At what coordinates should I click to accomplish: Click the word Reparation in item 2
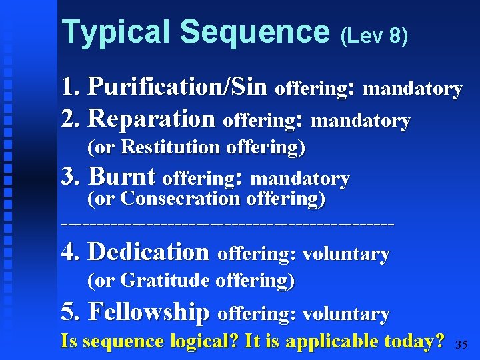[152, 119]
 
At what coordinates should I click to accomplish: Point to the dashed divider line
[227, 225]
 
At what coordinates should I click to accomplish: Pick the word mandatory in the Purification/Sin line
[413, 89]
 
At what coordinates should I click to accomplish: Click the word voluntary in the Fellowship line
[346, 313]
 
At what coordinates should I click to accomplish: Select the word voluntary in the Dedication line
[346, 254]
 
